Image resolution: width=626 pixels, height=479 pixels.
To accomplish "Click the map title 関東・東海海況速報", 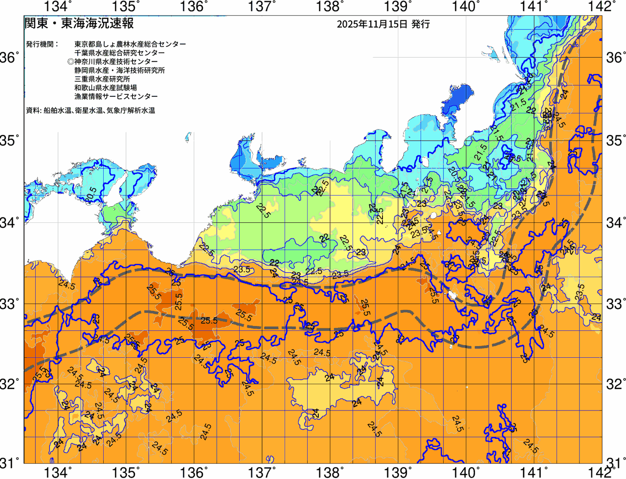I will tap(79, 23).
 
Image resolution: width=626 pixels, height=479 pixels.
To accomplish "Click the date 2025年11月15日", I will tap(372, 24).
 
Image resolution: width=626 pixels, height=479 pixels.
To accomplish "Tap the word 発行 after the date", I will tap(421, 24).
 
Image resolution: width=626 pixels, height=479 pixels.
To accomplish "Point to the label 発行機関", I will tap(42, 44).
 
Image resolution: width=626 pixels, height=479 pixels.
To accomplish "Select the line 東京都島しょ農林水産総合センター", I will tap(130, 44).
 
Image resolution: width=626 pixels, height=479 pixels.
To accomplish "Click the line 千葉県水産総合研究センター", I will tap(119, 53).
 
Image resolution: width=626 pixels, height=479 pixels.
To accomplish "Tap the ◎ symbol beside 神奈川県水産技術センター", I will tap(70, 62).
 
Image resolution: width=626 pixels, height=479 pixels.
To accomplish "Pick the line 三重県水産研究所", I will tap(102, 79).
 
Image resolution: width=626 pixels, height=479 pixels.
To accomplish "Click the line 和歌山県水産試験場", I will tap(106, 88).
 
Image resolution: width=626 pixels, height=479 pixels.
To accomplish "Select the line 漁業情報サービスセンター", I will tap(116, 97).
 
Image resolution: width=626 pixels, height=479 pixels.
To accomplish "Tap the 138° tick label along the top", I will tap(328, 6).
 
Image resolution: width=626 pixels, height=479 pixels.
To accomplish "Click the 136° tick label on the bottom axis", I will tap(193, 472).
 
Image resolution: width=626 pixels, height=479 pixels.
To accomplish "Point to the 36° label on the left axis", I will tap(10, 58).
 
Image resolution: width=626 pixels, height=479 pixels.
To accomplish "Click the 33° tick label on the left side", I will tap(10, 304).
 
